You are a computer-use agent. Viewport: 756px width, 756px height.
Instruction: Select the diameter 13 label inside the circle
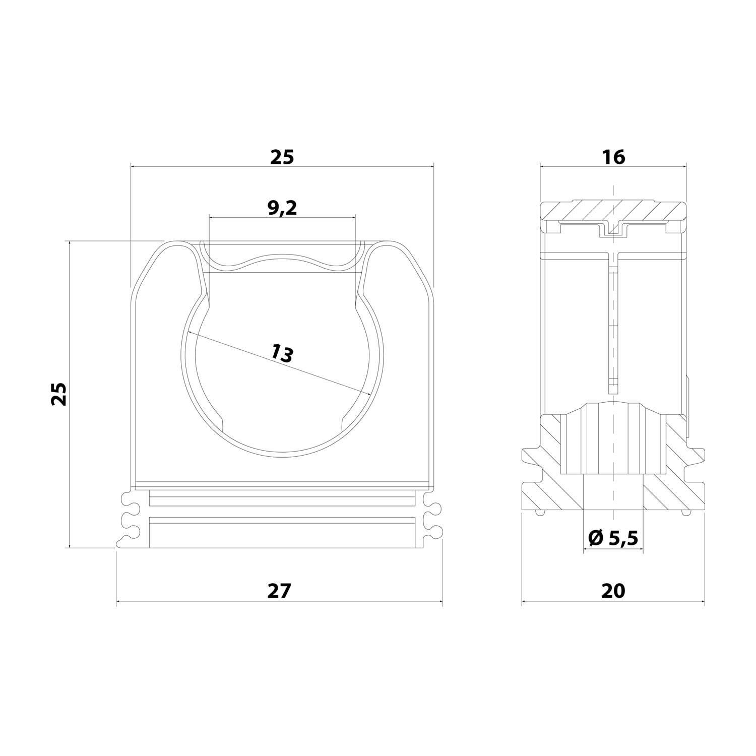point(281,352)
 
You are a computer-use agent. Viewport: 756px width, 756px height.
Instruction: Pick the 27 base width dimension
point(280,590)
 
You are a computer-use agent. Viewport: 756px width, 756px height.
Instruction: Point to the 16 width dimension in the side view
point(613,157)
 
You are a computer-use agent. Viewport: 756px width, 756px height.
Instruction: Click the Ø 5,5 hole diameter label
point(613,539)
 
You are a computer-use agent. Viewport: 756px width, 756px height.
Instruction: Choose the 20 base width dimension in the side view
point(613,590)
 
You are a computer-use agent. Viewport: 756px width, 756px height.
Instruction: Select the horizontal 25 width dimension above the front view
point(282,157)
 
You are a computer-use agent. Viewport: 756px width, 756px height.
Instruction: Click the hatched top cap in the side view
point(613,211)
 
